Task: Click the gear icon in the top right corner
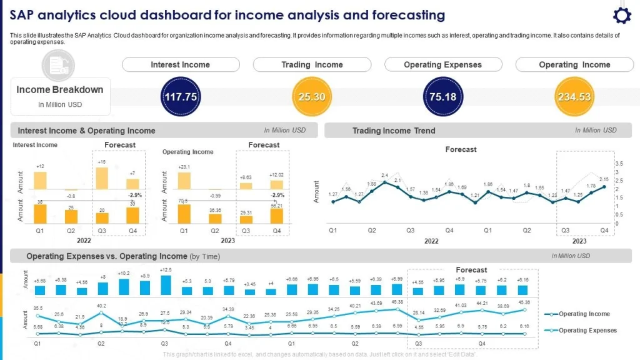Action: click(621, 16)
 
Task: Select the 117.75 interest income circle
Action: click(181, 97)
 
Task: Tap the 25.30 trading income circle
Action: click(311, 97)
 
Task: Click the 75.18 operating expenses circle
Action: click(442, 97)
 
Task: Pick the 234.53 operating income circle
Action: click(574, 97)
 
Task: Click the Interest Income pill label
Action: click(181, 64)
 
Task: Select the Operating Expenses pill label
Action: click(442, 64)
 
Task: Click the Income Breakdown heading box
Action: click(61, 96)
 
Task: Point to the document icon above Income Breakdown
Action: click(58, 65)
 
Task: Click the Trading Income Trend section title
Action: click(394, 131)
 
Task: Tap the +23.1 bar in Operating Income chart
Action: click(184, 181)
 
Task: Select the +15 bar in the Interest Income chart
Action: click(101, 177)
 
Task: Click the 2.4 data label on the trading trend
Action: click(385, 175)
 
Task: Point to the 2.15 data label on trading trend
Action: click(604, 179)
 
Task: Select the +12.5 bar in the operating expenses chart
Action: click(166, 285)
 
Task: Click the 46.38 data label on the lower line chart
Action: click(396, 302)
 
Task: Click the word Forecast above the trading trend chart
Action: click(461, 149)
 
